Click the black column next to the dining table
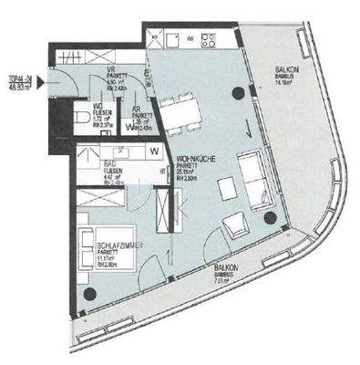pyautogui.click(x=238, y=91)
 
